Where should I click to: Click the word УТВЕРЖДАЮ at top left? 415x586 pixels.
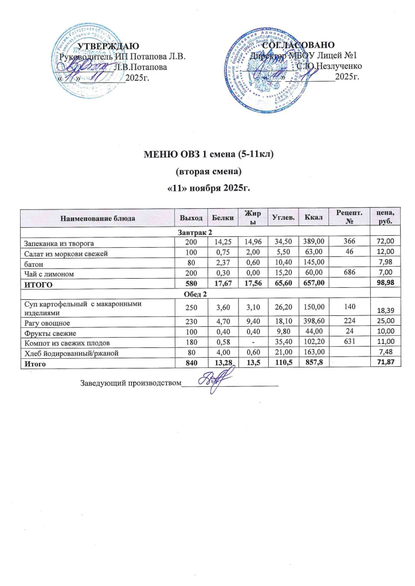(108, 46)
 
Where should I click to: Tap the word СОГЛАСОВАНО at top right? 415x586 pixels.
(298, 46)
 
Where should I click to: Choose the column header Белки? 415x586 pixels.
(218, 217)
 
